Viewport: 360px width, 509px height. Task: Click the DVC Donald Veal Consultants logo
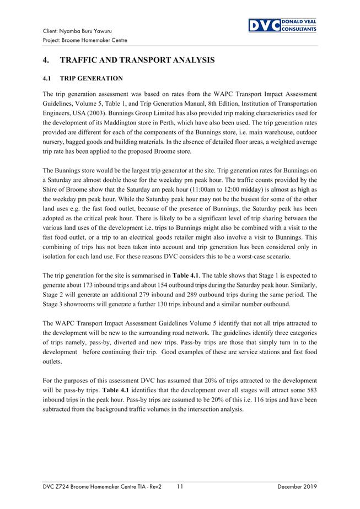click(x=282, y=25)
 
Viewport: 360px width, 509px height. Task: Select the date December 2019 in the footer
click(x=297, y=487)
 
